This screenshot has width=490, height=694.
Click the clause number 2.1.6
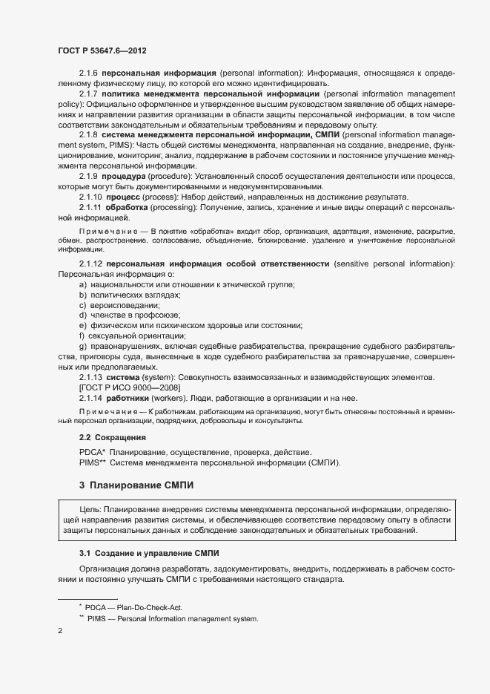pyautogui.click(x=88, y=74)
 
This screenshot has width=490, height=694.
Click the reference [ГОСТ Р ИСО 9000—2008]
pyautogui.click(x=128, y=387)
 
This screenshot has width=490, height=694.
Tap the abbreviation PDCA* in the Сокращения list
pyautogui.click(x=92, y=452)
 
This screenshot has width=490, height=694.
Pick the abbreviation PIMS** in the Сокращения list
pyautogui.click(x=93, y=462)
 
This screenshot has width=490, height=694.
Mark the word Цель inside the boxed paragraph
pyautogui.click(x=90, y=510)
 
